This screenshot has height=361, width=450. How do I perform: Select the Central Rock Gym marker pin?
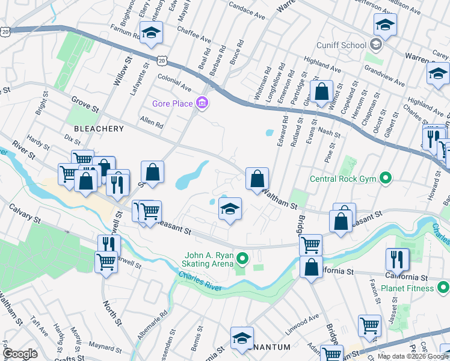pos(386,178)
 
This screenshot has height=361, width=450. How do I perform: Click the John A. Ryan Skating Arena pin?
pos(242,259)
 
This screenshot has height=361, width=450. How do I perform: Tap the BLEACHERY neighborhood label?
pos(99,129)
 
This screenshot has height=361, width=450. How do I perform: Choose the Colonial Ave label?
pos(174,83)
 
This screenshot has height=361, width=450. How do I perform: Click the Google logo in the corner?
pos(20,354)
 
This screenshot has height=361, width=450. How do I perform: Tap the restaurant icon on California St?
pos(397,259)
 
